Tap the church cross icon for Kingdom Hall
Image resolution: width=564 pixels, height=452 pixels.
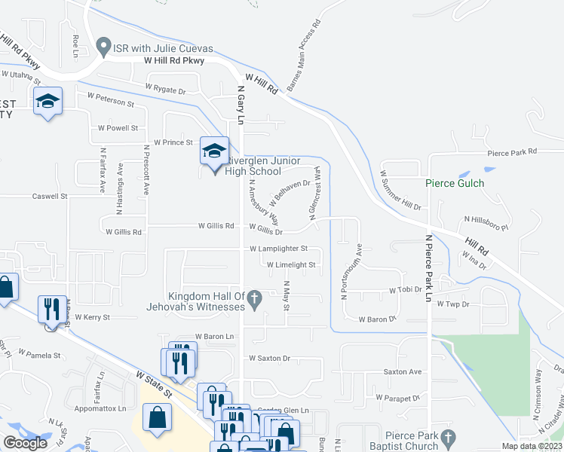point(255,300)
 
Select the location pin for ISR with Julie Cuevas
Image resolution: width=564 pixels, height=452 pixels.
point(104,45)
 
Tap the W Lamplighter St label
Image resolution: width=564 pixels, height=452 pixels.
point(278,248)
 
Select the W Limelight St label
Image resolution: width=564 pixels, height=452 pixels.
point(290,265)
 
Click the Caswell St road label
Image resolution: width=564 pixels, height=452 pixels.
point(50,196)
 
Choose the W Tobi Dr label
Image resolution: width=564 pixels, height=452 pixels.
point(405,289)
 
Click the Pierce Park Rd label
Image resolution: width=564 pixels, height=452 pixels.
point(512,151)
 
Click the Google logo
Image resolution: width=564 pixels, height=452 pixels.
point(26,442)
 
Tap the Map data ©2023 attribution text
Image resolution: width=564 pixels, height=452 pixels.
point(531,446)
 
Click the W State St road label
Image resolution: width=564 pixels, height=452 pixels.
point(155,384)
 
